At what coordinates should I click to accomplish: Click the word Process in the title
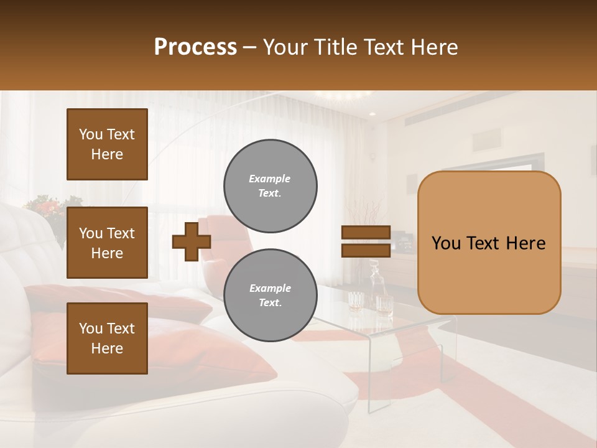tap(195, 47)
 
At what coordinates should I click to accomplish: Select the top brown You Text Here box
tap(107, 144)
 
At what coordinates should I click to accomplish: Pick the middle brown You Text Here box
tap(107, 243)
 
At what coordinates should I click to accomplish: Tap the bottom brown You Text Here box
tap(107, 338)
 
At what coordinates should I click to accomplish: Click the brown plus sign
tap(192, 242)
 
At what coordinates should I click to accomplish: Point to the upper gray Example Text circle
tap(270, 186)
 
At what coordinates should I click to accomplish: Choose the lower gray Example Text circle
tap(270, 296)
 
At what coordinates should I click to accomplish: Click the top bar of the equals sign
tap(366, 233)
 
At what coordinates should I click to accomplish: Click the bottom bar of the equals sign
tap(366, 251)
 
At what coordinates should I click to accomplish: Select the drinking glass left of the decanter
tap(356, 301)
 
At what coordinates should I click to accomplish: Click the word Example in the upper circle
tap(269, 179)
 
